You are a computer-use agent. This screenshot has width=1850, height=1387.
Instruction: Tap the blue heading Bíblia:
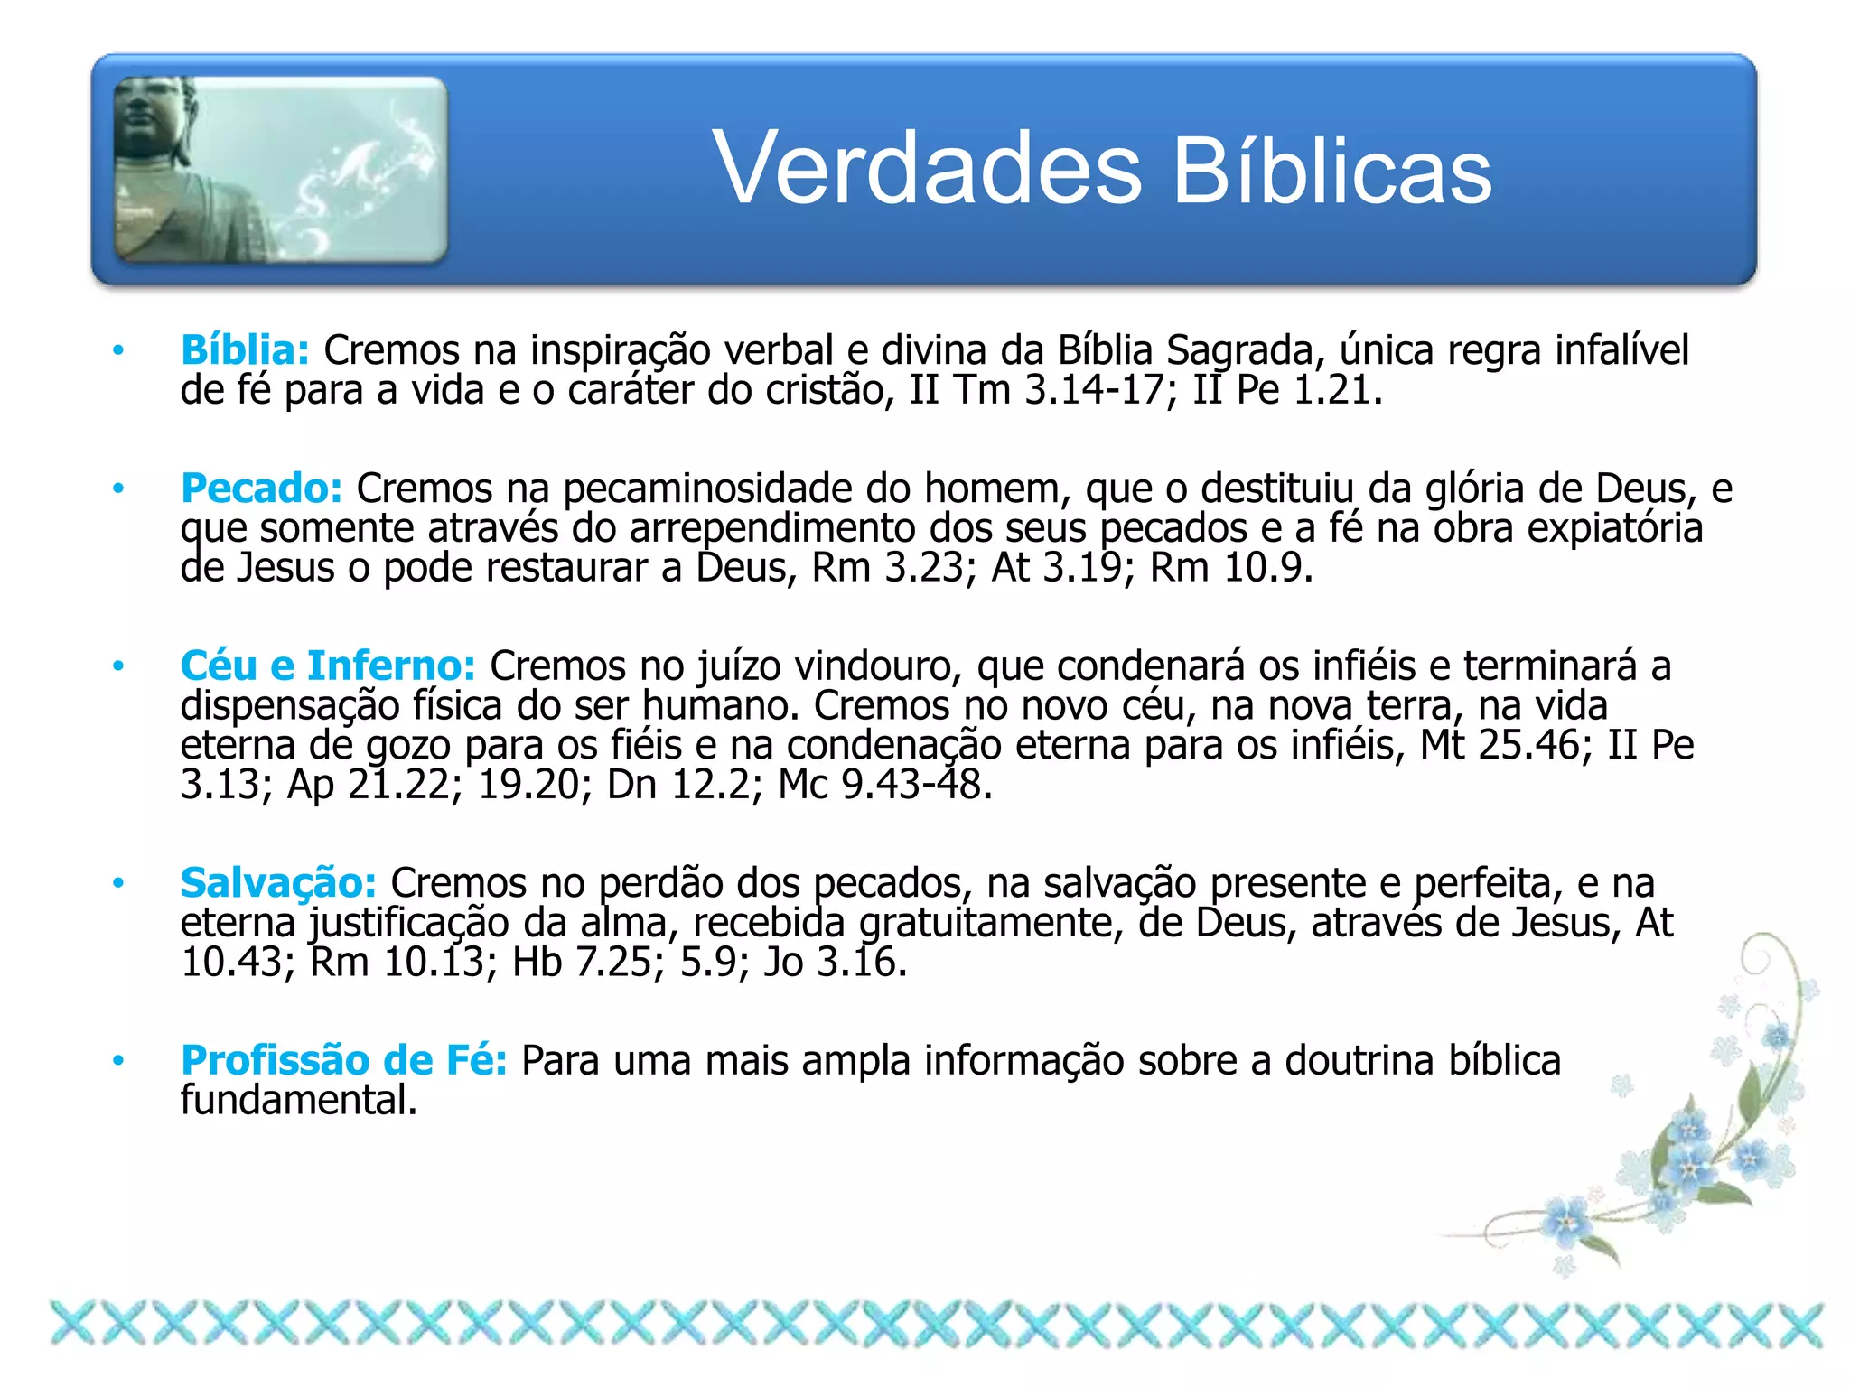(x=245, y=350)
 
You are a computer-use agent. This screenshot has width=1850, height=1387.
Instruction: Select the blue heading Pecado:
(x=261, y=489)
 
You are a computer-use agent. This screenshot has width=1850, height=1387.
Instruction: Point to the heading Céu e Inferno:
(x=328, y=666)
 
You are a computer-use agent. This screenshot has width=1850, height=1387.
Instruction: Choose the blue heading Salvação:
(x=278, y=883)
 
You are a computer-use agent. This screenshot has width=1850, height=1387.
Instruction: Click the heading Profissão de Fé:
(x=344, y=1060)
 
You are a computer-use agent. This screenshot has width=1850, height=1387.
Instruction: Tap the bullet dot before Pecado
(x=117, y=489)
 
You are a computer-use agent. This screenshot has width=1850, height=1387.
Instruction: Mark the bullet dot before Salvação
(x=117, y=883)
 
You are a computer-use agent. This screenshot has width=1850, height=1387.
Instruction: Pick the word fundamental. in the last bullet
(x=299, y=1100)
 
